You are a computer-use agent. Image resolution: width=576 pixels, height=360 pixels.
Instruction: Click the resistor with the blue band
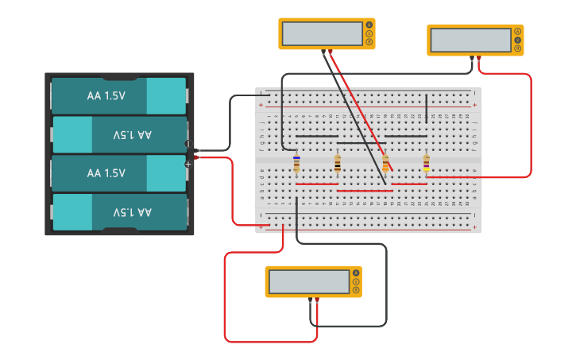tap(296, 163)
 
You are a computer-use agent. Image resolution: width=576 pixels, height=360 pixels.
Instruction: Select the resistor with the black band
tap(338, 164)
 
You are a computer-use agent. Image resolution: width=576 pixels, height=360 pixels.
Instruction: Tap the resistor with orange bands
tap(386, 164)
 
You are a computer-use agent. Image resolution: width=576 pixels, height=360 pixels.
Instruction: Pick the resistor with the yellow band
tap(427, 163)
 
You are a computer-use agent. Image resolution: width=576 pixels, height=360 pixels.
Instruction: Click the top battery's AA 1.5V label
tap(106, 96)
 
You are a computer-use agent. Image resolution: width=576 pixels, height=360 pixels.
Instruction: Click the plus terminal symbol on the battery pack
tap(188, 165)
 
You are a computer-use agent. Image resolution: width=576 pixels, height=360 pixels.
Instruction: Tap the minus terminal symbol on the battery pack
tap(188, 144)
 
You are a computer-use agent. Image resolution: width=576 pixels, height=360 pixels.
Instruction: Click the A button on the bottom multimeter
tap(356, 273)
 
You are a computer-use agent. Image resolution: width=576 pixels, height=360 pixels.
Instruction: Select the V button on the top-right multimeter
tap(517, 40)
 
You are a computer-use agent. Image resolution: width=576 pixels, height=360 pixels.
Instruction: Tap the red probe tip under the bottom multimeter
tap(317, 300)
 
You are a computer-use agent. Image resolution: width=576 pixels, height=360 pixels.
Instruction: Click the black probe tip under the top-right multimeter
tap(471, 58)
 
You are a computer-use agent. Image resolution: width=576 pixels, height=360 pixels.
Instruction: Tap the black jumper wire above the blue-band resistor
tap(316, 136)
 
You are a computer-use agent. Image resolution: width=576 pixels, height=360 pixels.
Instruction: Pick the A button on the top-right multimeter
tap(517, 31)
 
